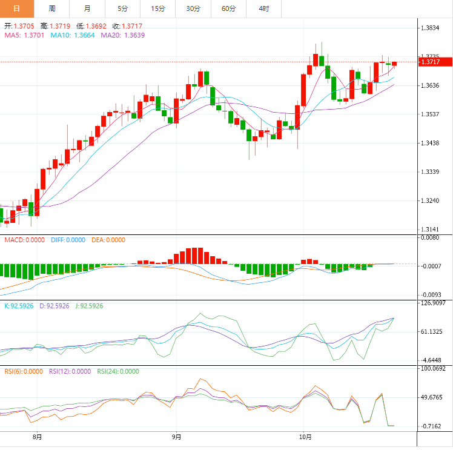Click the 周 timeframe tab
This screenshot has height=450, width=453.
pos(52,8)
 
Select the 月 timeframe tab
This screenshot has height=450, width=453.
pos(88,8)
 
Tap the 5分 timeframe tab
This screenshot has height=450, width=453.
pos(123,8)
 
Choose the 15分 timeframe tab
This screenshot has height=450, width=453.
pos(158,8)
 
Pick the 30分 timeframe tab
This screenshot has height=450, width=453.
pos(193,8)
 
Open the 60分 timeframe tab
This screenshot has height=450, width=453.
pos(228,8)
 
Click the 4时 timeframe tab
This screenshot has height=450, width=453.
pos(263,8)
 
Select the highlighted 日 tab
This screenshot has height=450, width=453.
pos(16,8)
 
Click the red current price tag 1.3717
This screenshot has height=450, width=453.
pos(435,62)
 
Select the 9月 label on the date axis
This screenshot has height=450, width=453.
pos(176,436)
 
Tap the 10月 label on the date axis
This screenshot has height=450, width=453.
pos(306,436)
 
